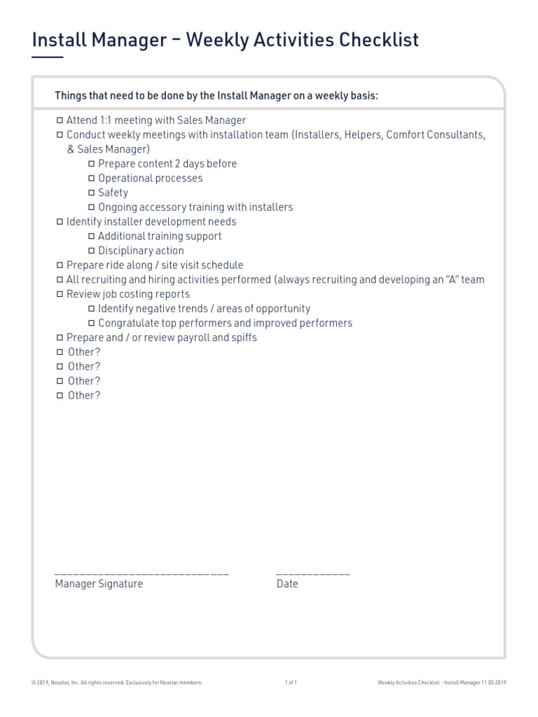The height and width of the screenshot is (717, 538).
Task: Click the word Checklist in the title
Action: pos(379,41)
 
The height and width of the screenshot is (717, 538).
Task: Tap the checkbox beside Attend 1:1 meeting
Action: pos(60,120)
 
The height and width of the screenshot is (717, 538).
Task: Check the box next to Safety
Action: pos(92,193)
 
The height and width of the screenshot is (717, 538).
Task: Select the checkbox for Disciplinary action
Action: pos(92,251)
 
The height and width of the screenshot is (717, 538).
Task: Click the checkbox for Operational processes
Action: pos(92,179)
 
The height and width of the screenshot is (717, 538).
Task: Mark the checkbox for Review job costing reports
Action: pos(60,294)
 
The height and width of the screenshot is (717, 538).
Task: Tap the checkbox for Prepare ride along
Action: pos(60,265)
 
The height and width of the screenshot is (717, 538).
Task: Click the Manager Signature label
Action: pos(99,584)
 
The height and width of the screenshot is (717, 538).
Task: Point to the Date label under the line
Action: pos(287,584)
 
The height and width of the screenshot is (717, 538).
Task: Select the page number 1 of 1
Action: pos(291,683)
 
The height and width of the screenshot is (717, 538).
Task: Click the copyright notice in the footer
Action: pos(117,683)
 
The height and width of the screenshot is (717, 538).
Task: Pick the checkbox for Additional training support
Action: pos(92,237)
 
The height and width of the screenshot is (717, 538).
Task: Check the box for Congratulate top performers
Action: pos(92,323)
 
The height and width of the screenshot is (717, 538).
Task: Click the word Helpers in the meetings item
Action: pos(361,134)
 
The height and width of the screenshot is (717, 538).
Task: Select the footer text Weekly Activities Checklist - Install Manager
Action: pos(441,683)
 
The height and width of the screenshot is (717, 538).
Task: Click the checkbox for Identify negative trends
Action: pos(92,309)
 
